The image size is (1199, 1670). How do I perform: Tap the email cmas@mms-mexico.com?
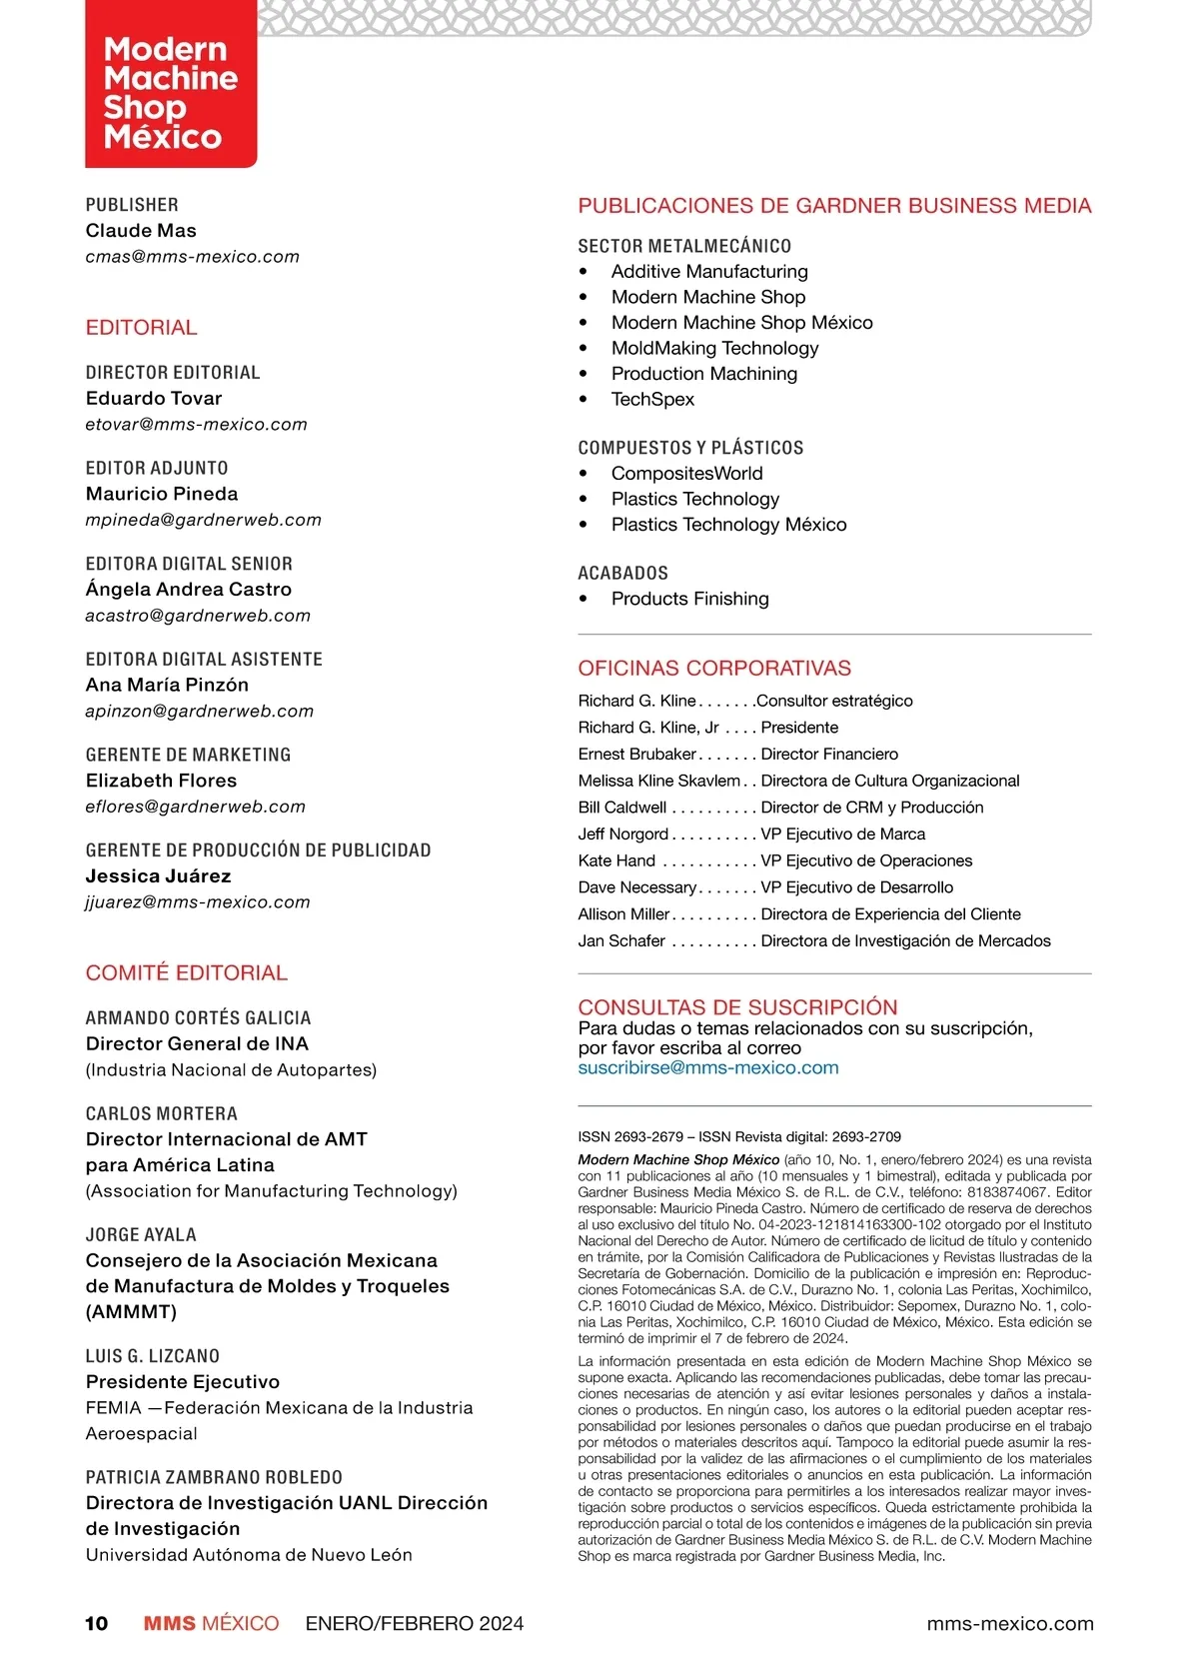(x=192, y=257)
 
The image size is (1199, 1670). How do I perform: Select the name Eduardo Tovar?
(x=154, y=398)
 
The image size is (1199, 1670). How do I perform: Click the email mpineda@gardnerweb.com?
(x=203, y=520)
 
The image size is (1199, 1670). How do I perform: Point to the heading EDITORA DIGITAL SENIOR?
(x=189, y=564)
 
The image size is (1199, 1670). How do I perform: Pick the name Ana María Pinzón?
(x=167, y=685)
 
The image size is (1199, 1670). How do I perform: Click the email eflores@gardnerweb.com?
(x=195, y=807)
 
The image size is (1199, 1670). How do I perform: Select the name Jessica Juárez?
(x=158, y=876)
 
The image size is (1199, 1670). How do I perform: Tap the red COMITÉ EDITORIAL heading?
(x=186, y=972)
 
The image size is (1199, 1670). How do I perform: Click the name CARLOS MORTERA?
(x=161, y=1113)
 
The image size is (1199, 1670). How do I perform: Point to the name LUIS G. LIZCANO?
(x=152, y=1356)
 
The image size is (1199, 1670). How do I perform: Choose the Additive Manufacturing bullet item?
(x=709, y=272)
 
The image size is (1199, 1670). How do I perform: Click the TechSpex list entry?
(x=652, y=399)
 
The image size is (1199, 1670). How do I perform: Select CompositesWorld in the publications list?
(x=686, y=474)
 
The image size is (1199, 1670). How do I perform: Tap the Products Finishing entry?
(x=689, y=599)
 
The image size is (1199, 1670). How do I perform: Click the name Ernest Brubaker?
(x=636, y=755)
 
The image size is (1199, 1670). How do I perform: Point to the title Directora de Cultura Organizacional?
(x=889, y=781)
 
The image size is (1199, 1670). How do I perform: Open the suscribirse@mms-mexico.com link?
(x=707, y=1067)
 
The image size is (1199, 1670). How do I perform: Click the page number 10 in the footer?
(x=96, y=1624)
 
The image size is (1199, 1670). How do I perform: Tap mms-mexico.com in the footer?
(x=1009, y=1624)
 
